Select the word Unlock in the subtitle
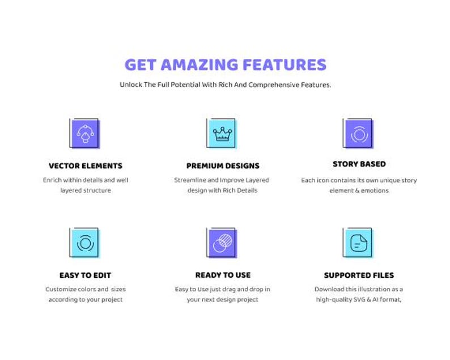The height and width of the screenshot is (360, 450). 130,85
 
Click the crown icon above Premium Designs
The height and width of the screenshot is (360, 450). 222,134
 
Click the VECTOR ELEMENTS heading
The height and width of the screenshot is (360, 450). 85,166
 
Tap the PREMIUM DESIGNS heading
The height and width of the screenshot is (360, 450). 223,166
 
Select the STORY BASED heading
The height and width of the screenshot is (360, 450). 359,164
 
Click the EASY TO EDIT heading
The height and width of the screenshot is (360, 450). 85,275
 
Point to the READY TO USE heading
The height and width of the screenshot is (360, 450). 223,275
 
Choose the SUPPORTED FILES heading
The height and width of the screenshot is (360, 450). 359,275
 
